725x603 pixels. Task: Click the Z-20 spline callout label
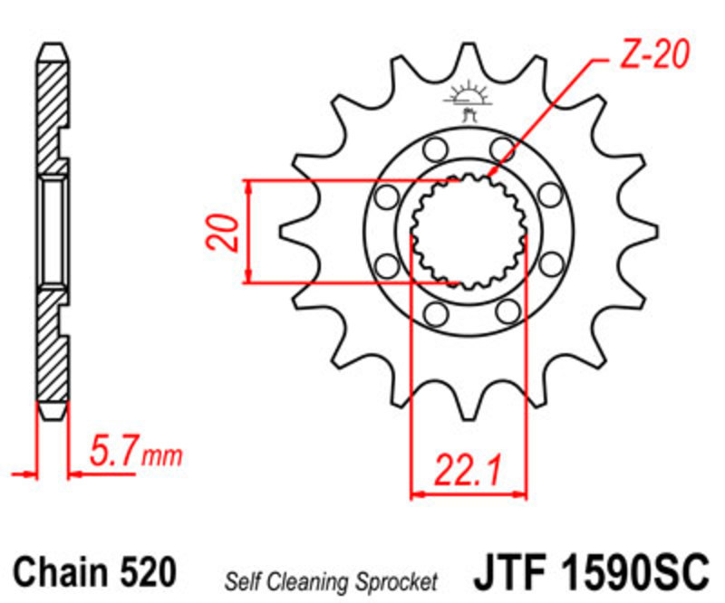pyautogui.click(x=653, y=54)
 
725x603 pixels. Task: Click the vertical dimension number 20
pyautogui.click(x=224, y=233)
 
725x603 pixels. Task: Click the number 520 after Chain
pyautogui.click(x=148, y=571)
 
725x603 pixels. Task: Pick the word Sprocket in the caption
pyautogui.click(x=396, y=583)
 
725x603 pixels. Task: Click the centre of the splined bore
pyautogui.click(x=469, y=232)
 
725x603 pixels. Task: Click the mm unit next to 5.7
pyautogui.click(x=162, y=456)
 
